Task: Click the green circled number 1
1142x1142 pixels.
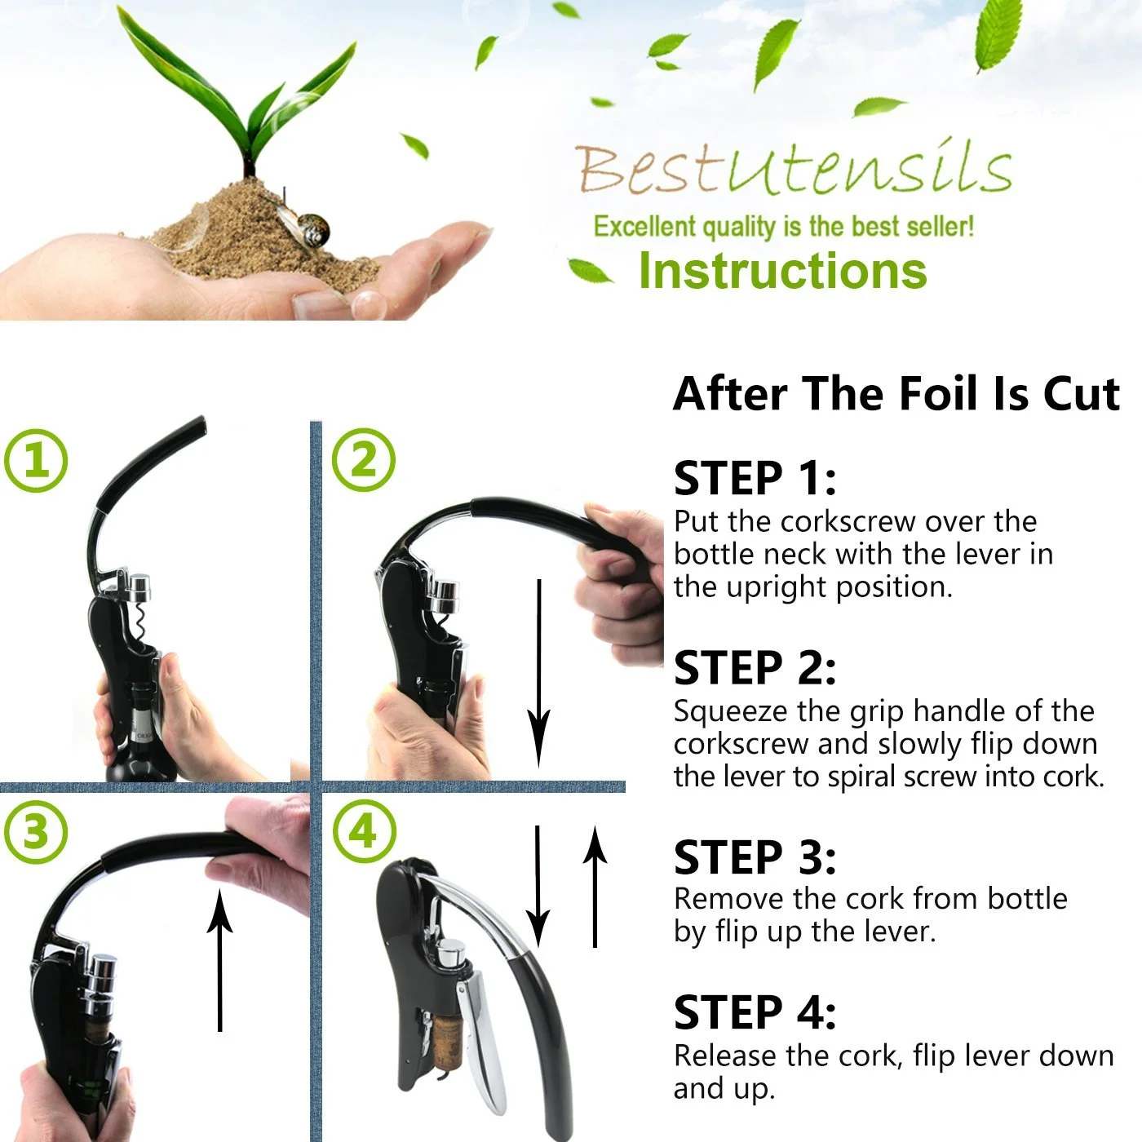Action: pyautogui.click(x=36, y=461)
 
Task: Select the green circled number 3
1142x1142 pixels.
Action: pyautogui.click(x=36, y=831)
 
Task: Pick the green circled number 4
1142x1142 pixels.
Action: pyautogui.click(x=364, y=831)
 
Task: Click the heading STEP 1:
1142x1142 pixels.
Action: pyautogui.click(x=755, y=478)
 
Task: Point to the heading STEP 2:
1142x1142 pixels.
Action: pyautogui.click(x=755, y=667)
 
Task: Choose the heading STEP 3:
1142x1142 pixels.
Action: pyautogui.click(x=755, y=857)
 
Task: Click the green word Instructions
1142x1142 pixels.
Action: pyautogui.click(x=783, y=270)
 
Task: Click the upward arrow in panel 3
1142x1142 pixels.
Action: pyautogui.click(x=220, y=960)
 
